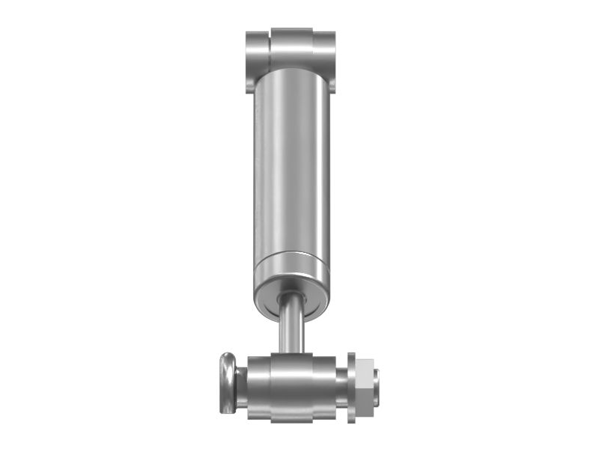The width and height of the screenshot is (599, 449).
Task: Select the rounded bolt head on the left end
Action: coord(227,383)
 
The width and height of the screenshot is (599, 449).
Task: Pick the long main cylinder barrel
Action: coord(291,165)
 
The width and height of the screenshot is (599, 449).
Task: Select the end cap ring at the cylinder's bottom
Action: coord(291,263)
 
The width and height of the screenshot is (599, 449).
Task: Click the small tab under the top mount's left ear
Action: coord(250,84)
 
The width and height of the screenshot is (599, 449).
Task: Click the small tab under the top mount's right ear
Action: coord(332,84)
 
